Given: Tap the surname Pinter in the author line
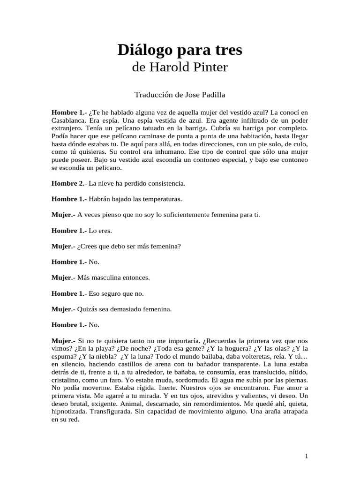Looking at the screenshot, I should pos(208,67).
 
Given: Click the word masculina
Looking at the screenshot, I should pos(100,278).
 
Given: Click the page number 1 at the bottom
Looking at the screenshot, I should pos(306,456).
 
